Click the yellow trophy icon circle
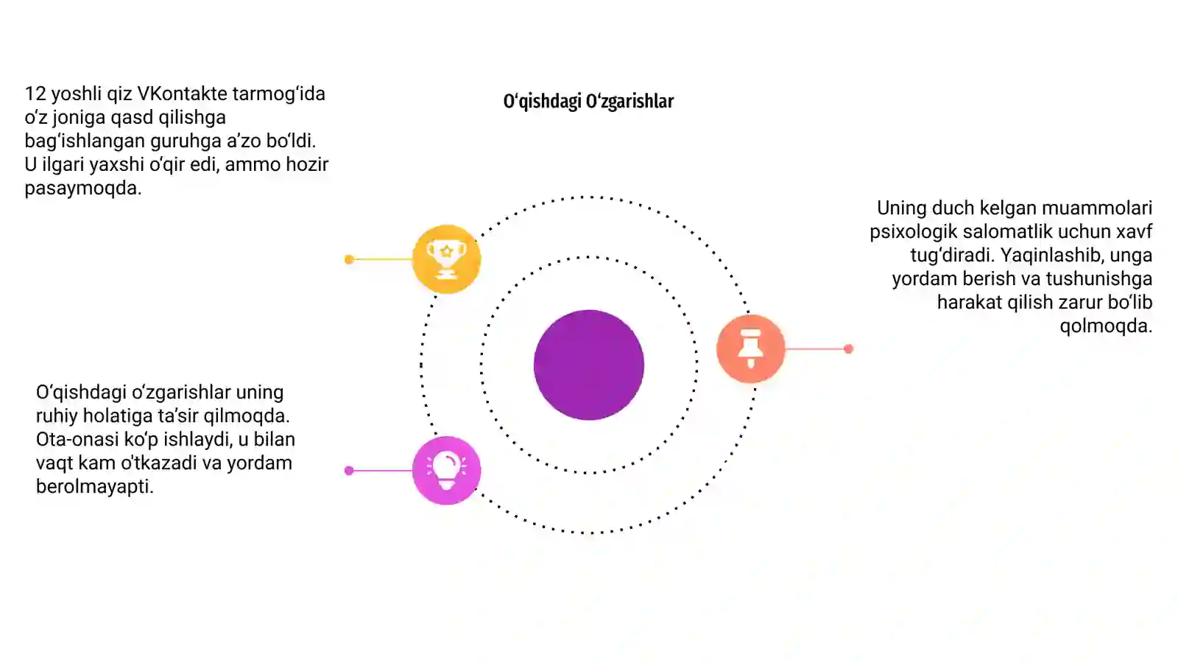coord(446,259)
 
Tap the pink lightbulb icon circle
coord(446,471)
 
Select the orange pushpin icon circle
coord(750,348)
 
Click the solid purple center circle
coord(589,365)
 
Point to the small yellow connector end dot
coord(349,259)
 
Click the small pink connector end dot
coord(349,471)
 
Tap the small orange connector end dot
coord(848,349)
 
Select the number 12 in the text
coord(35,94)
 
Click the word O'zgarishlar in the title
coord(629,101)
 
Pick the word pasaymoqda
coord(83,189)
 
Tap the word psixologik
coord(913,231)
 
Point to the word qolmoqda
coord(1106,326)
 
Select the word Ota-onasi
coord(77,439)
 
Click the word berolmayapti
coord(95,487)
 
